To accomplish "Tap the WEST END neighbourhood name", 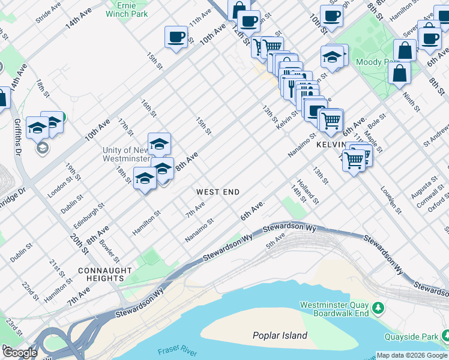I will [218, 192].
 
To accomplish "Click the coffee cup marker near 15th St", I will [176, 37].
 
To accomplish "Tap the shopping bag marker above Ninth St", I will [399, 74].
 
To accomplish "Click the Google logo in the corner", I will [19, 353].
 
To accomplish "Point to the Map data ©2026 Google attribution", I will [411, 355].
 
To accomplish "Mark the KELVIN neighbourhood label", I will [330, 146].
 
